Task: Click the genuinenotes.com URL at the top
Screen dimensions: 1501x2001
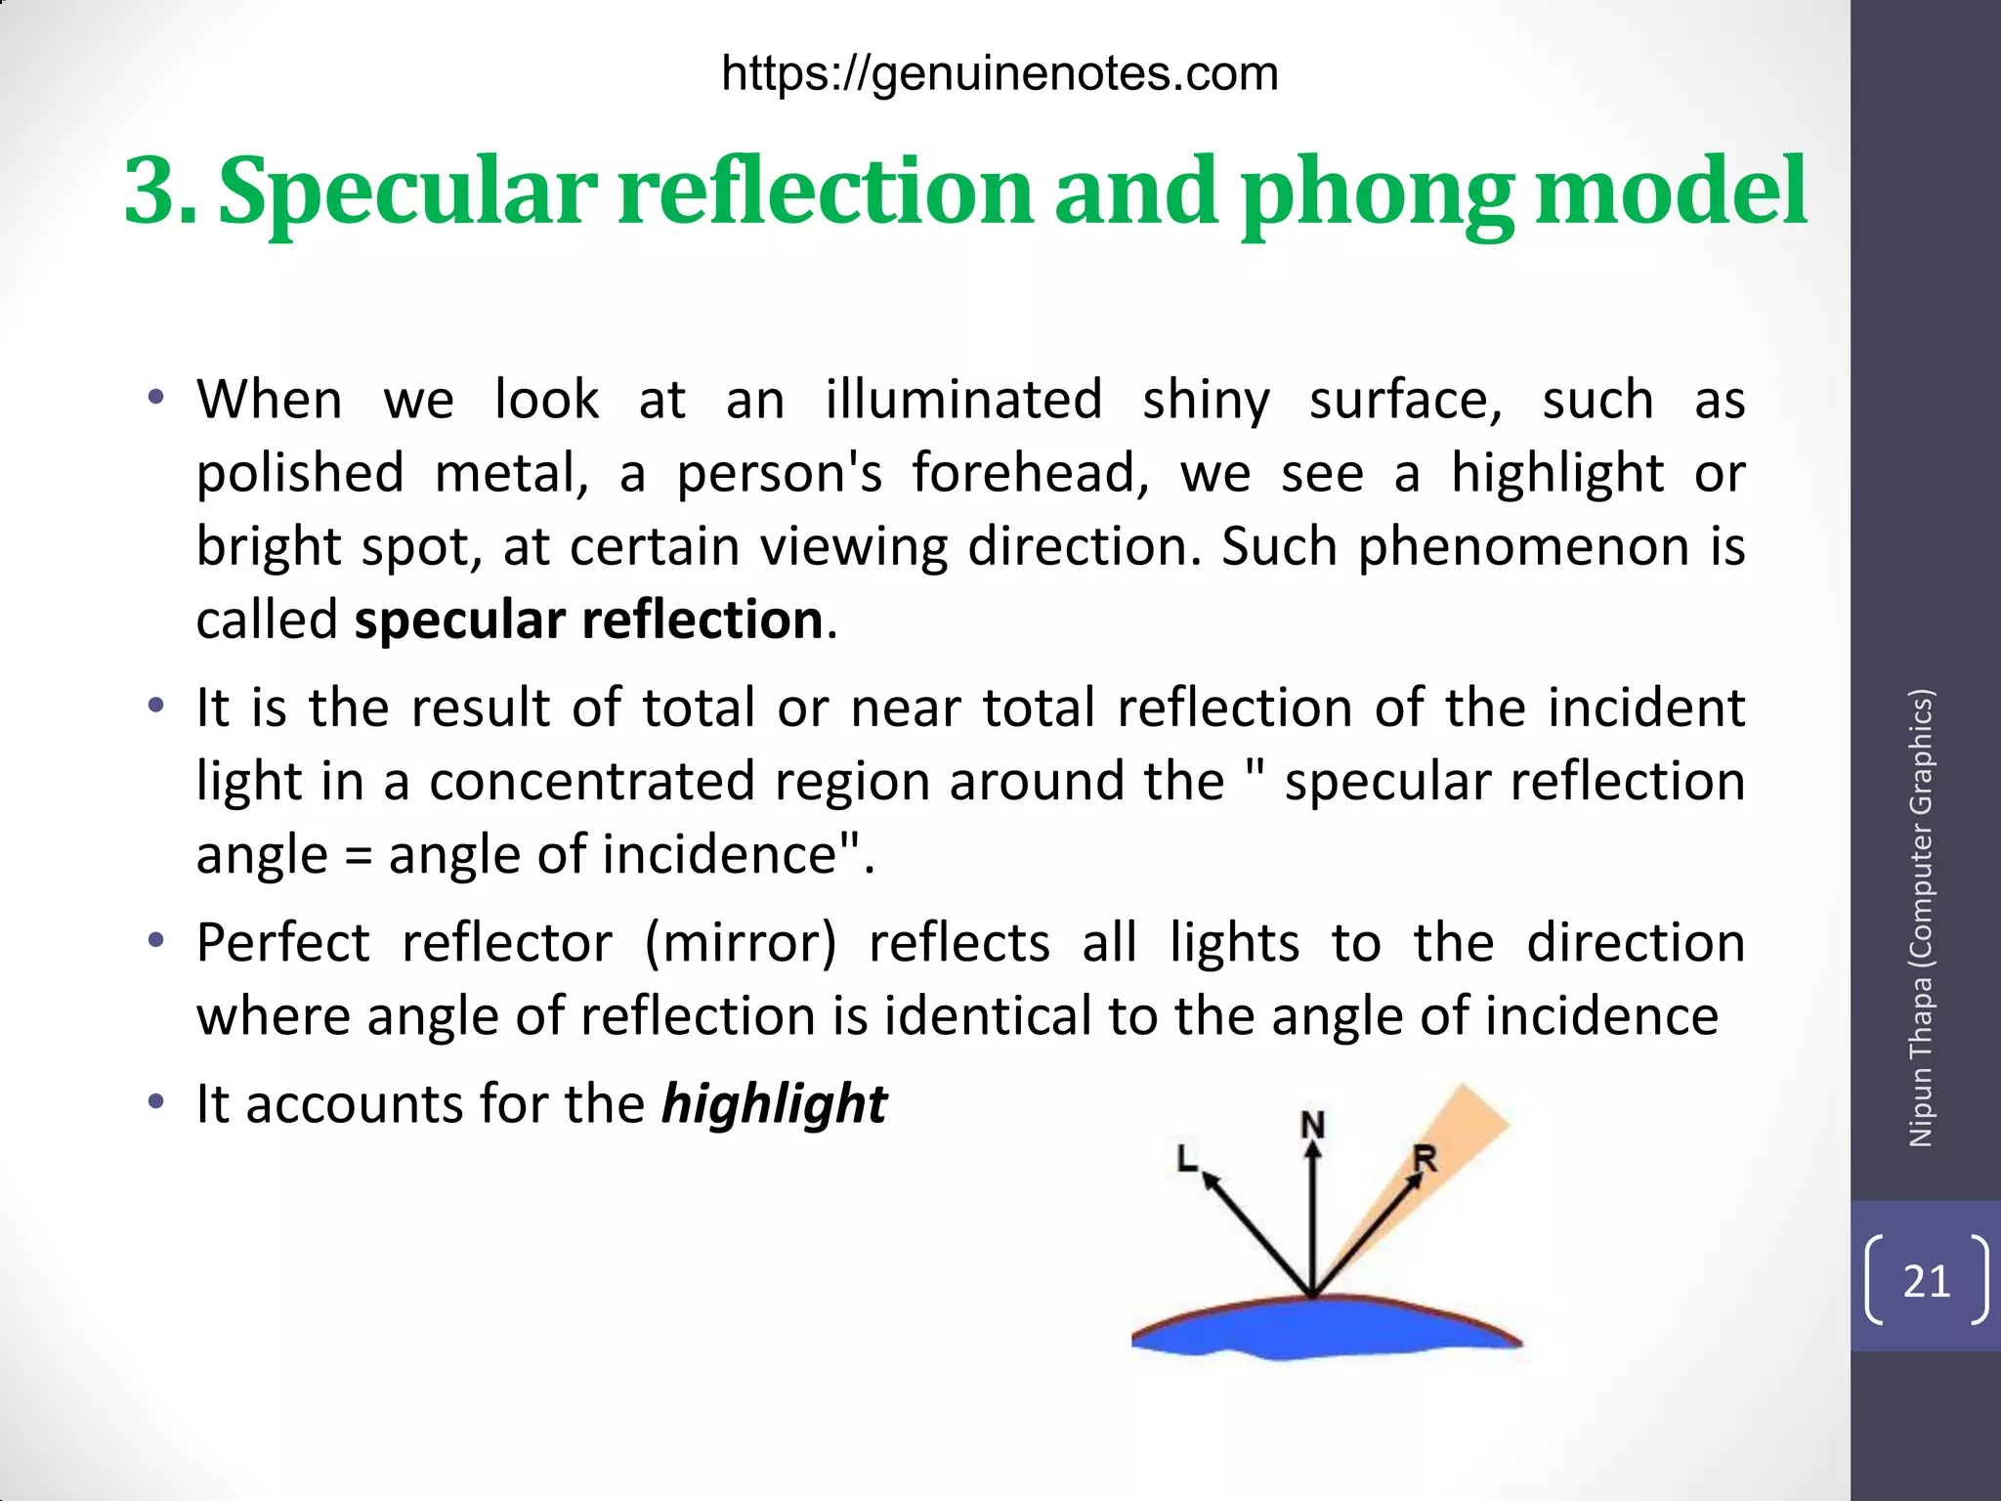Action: click(1000, 74)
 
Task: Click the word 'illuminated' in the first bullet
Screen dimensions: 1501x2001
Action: click(963, 401)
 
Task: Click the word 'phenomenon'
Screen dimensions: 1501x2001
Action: click(1523, 546)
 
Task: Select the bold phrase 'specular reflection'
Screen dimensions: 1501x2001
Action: click(589, 621)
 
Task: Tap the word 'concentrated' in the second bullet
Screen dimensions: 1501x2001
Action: click(592, 782)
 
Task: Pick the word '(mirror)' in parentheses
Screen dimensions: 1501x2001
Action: click(741, 943)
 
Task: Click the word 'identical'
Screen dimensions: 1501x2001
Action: click(988, 1016)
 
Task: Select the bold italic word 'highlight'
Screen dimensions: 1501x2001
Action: click(774, 1104)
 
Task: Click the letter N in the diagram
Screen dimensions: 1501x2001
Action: click(1313, 1126)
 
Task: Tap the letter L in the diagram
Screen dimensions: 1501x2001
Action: click(1187, 1159)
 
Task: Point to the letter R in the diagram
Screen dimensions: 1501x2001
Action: click(1426, 1160)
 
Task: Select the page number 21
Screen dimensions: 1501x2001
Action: click(1927, 1281)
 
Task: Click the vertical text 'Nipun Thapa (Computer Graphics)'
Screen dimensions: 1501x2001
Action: click(1921, 918)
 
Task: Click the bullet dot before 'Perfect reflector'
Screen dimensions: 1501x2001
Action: click(155, 942)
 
